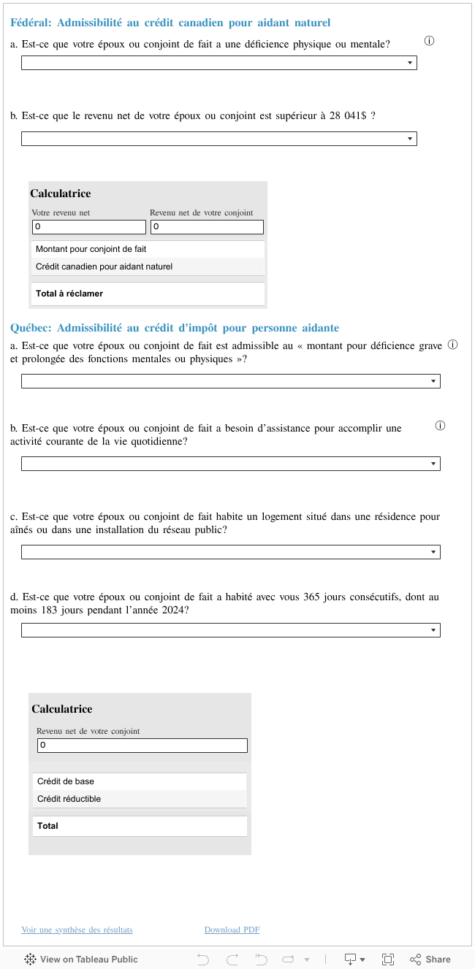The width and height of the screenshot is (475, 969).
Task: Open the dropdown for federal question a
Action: pos(218,64)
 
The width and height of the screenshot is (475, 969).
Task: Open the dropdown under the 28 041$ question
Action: pos(218,139)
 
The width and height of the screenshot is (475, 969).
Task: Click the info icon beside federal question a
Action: pos(429,41)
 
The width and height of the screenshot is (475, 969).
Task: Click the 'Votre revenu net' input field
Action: pos(88,227)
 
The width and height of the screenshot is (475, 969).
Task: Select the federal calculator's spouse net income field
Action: pos(207,227)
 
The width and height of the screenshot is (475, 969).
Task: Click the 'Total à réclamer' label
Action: pos(69,294)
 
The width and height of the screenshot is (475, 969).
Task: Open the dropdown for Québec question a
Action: pos(230,381)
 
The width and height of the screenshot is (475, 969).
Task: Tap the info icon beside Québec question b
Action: pos(440,426)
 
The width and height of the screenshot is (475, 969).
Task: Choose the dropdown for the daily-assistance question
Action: pos(230,464)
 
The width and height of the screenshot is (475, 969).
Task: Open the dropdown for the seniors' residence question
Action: pos(230,552)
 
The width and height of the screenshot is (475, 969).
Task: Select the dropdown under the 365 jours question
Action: pos(230,630)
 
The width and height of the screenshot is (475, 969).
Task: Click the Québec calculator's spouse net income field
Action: pos(142,746)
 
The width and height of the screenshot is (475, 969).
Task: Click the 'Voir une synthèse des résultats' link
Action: pos(77,930)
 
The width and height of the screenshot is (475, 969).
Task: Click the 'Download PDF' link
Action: pos(232,930)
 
